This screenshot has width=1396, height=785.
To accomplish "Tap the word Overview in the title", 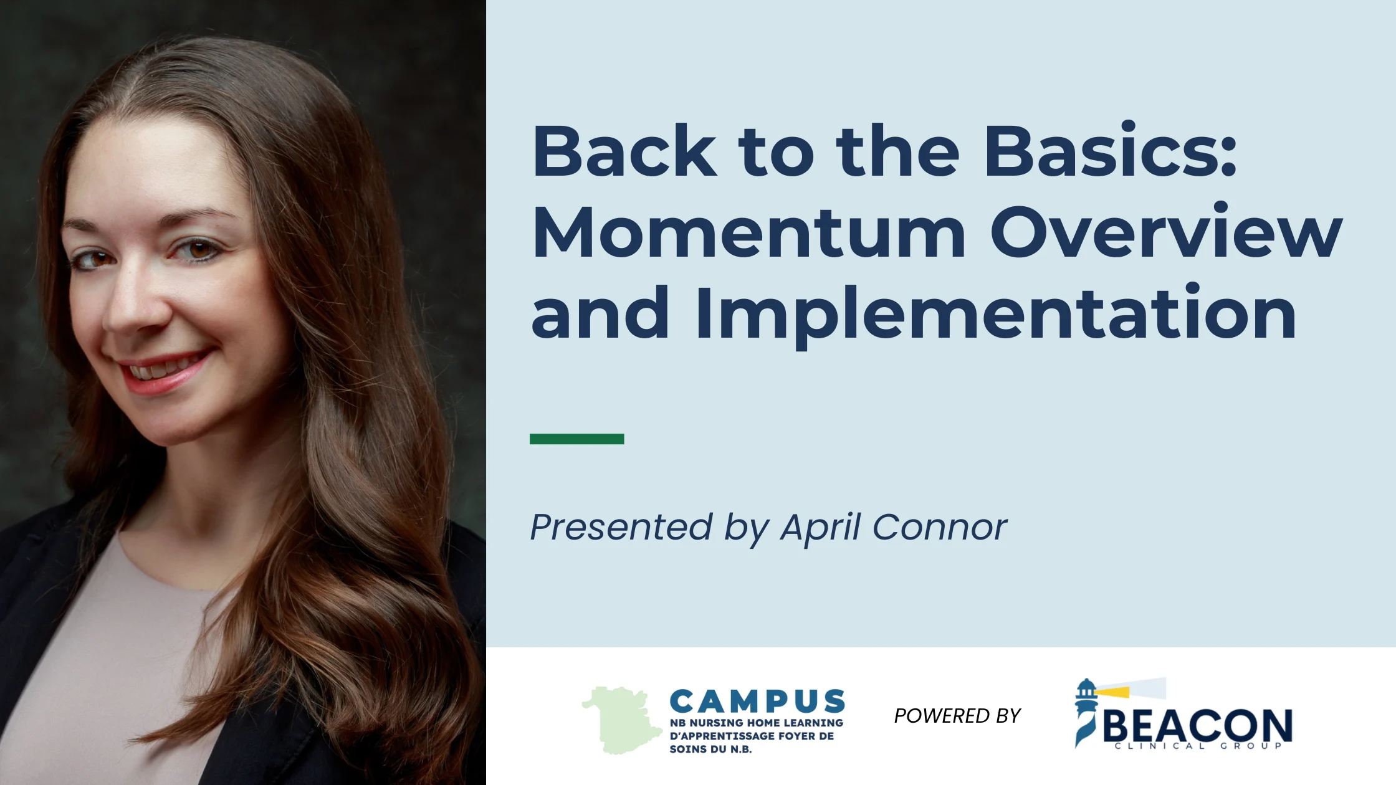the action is (x=1166, y=231).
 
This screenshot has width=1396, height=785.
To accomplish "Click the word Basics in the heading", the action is (x=1101, y=150).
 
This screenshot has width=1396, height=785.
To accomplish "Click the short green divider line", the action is (x=576, y=439).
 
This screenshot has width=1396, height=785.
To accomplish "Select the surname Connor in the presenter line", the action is (x=939, y=528).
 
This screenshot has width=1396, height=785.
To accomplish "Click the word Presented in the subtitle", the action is (x=621, y=527).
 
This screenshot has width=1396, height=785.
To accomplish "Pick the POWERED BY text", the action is (x=957, y=716).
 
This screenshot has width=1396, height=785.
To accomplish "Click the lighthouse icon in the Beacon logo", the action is (x=1086, y=712).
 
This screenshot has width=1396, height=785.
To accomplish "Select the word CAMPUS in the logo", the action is (x=757, y=702).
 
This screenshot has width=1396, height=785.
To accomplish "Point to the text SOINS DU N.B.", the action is (x=710, y=749).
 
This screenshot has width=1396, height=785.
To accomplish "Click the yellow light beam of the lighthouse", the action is (x=1112, y=691).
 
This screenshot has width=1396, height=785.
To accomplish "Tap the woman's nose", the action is (x=134, y=305).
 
